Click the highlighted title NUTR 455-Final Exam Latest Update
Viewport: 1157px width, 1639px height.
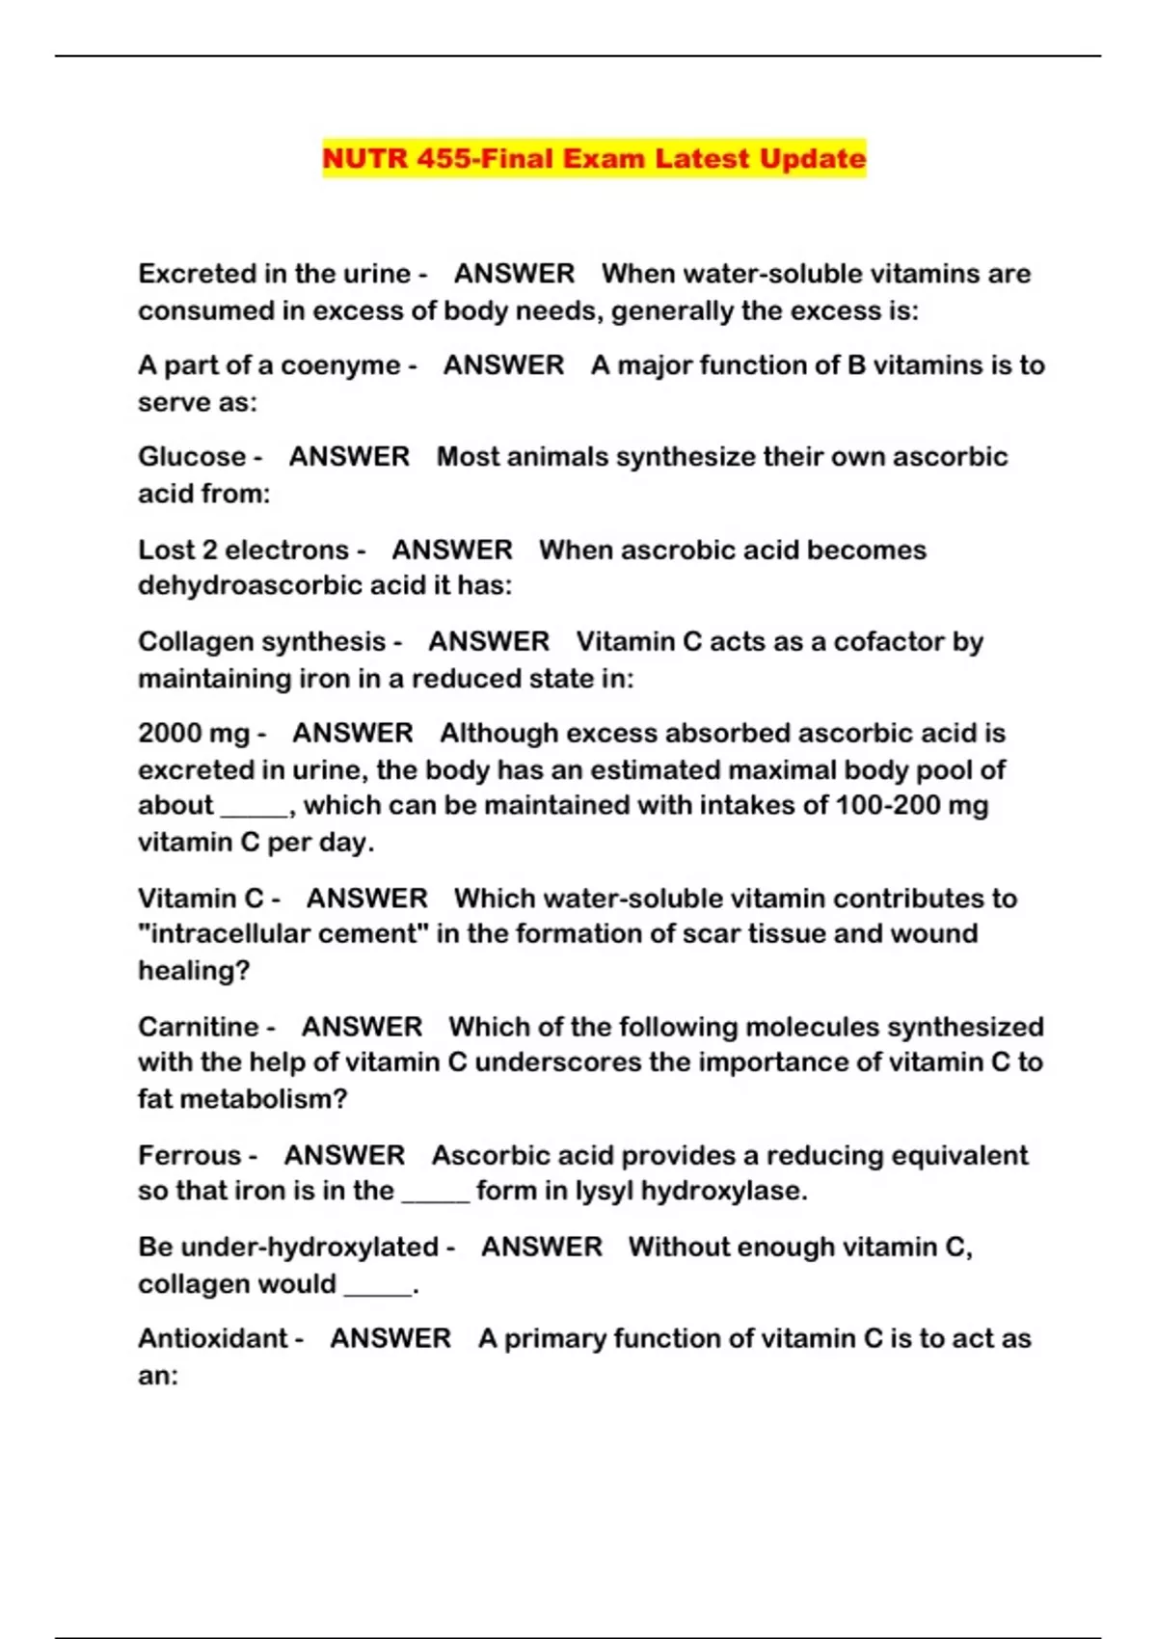click(x=594, y=158)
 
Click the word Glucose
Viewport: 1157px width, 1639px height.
click(x=192, y=456)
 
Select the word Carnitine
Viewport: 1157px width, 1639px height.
click(x=199, y=1027)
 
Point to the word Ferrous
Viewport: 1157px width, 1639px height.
click(x=190, y=1155)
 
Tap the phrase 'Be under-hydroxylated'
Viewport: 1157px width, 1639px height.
click(x=288, y=1248)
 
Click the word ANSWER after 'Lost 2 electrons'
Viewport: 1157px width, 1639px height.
click(x=452, y=550)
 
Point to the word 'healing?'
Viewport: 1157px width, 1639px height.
click(x=194, y=971)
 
